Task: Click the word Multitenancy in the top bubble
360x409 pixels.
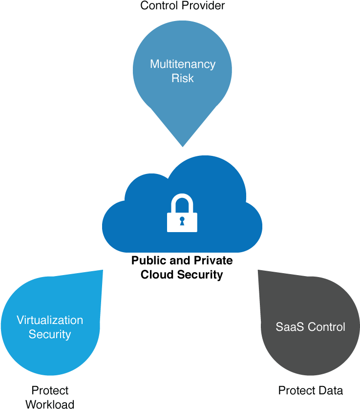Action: pyautogui.click(x=182, y=64)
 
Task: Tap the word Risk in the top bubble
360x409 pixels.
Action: pyautogui.click(x=182, y=78)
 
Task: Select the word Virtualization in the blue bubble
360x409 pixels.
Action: pyautogui.click(x=50, y=321)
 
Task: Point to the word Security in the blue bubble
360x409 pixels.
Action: pyautogui.click(x=50, y=335)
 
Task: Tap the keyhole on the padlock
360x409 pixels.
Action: pyautogui.click(x=182, y=221)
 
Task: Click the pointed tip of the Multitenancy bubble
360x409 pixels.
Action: pyautogui.click(x=183, y=145)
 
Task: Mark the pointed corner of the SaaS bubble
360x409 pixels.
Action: pyautogui.click(x=259, y=271)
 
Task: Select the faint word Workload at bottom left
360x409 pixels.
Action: pyautogui.click(x=50, y=404)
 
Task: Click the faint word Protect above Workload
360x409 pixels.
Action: pyautogui.click(x=50, y=391)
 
